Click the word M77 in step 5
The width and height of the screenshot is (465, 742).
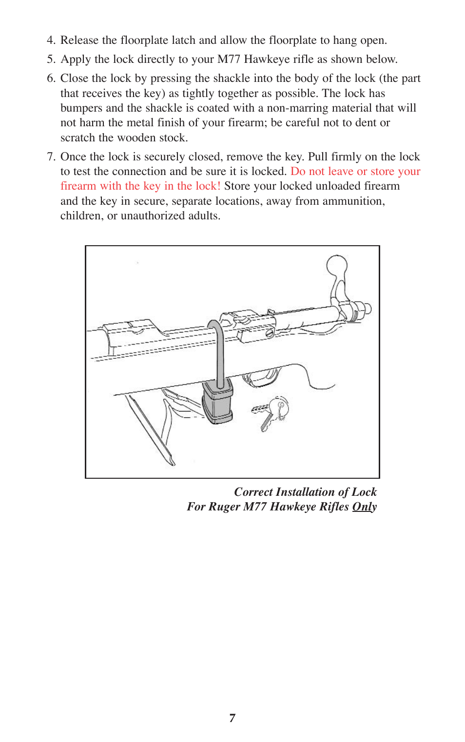pyautogui.click(x=229, y=59)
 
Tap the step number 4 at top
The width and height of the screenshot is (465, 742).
pyautogui.click(x=50, y=40)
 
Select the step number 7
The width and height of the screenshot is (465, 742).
pyautogui.click(x=50, y=157)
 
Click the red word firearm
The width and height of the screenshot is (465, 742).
pyautogui.click(x=78, y=186)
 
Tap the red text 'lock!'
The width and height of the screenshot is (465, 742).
pyautogui.click(x=208, y=186)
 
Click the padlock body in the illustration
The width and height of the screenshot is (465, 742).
pyautogui.click(x=217, y=404)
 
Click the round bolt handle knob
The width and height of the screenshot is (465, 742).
pyautogui.click(x=336, y=266)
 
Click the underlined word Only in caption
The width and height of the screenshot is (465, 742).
pyautogui.click(x=364, y=507)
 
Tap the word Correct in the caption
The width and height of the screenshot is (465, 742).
pyautogui.click(x=253, y=492)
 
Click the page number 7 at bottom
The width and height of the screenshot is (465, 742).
pyautogui.click(x=232, y=718)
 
